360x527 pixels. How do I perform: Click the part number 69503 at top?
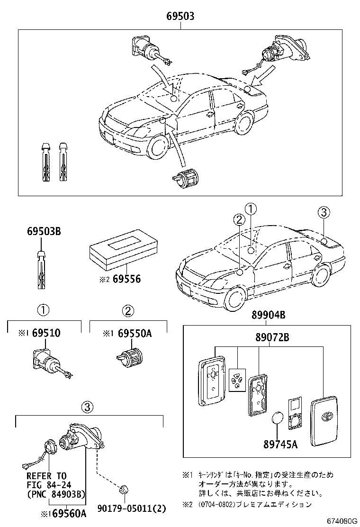pyautogui.click(x=180, y=17)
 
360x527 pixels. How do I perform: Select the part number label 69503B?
pyautogui.click(x=44, y=232)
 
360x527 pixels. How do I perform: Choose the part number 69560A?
pyautogui.click(x=69, y=514)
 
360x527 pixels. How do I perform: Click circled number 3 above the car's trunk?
pyautogui.click(x=323, y=213)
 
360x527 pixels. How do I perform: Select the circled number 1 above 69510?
pyautogui.click(x=43, y=310)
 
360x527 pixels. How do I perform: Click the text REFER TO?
pyautogui.click(x=46, y=476)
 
